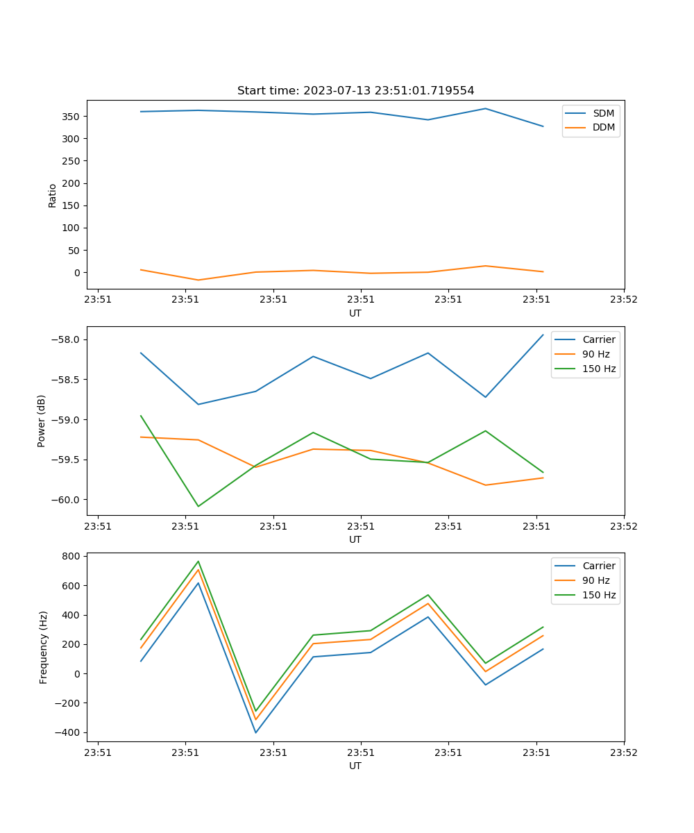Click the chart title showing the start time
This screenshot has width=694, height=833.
point(355,91)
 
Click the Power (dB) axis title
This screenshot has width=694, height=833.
point(42,421)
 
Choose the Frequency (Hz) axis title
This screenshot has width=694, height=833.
point(43,647)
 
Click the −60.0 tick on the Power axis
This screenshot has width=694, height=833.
point(68,500)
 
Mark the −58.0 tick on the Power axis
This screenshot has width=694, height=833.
point(68,339)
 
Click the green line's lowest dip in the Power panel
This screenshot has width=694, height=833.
point(198,506)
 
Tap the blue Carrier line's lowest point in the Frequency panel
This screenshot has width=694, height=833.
point(255,733)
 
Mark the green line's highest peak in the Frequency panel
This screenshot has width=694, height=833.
point(198,561)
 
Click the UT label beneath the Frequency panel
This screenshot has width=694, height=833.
point(355,766)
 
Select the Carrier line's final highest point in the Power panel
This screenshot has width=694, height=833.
point(543,335)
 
